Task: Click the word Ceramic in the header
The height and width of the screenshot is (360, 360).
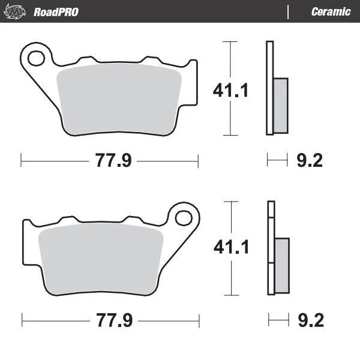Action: (x=331, y=11)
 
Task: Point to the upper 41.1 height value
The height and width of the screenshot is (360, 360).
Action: (x=231, y=90)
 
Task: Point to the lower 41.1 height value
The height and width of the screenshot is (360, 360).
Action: (x=231, y=247)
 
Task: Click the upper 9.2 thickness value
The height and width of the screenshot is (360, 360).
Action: (x=310, y=161)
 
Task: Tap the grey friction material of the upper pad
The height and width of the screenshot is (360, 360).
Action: (x=120, y=99)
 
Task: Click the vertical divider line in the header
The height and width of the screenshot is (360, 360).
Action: (x=289, y=11)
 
